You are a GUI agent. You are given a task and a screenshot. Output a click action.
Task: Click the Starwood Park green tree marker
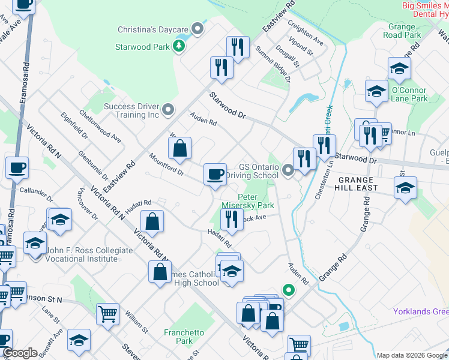(178, 46)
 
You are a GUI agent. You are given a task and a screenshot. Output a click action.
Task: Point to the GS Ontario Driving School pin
(288, 172)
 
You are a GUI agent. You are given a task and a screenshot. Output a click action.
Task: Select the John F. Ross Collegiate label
(81, 254)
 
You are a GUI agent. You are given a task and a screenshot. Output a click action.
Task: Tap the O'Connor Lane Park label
(409, 94)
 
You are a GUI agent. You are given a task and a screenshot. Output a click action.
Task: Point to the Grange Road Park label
(401, 31)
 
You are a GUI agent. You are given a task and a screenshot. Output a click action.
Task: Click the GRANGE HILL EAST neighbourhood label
(357, 184)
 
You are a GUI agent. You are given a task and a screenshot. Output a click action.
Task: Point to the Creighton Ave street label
(306, 35)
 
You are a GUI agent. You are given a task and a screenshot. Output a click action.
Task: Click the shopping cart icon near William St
(107, 313)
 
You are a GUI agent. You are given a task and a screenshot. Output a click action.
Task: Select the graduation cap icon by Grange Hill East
(405, 187)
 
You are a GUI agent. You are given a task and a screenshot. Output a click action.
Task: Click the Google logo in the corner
(20, 353)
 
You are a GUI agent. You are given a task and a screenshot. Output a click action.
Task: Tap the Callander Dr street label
(36, 192)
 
